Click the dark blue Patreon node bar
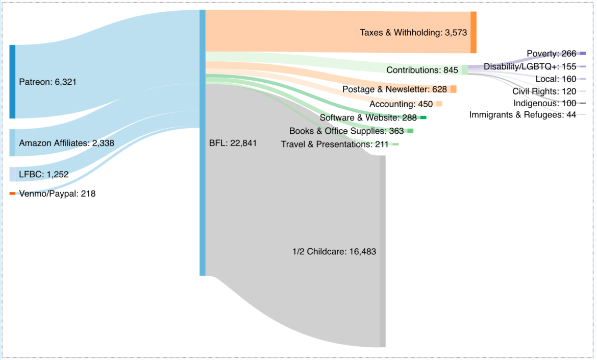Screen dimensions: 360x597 pyautogui.click(x=12, y=82)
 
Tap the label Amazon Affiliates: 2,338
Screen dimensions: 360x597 pyautogui.click(x=66, y=143)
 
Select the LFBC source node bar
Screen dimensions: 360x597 pyautogui.click(x=12, y=174)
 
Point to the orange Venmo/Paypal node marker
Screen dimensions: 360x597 pyautogui.click(x=12, y=194)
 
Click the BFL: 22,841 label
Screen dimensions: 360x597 pyautogui.click(x=233, y=143)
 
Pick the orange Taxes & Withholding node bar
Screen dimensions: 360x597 pyautogui.click(x=473, y=33)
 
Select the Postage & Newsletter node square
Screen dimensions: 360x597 pyautogui.click(x=453, y=89)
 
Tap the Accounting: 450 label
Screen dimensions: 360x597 pyautogui.click(x=401, y=104)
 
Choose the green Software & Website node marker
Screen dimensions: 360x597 pyautogui.click(x=423, y=117)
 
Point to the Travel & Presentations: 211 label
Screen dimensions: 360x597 pyautogui.click(x=335, y=145)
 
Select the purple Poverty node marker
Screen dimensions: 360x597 pyautogui.click(x=582, y=53)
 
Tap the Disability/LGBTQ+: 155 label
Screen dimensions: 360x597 pyautogui.click(x=530, y=66)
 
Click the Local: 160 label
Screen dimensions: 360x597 pyautogui.click(x=556, y=79)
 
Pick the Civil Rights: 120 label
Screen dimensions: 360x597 pyautogui.click(x=544, y=91)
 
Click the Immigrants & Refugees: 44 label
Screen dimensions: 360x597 pyautogui.click(x=523, y=115)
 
